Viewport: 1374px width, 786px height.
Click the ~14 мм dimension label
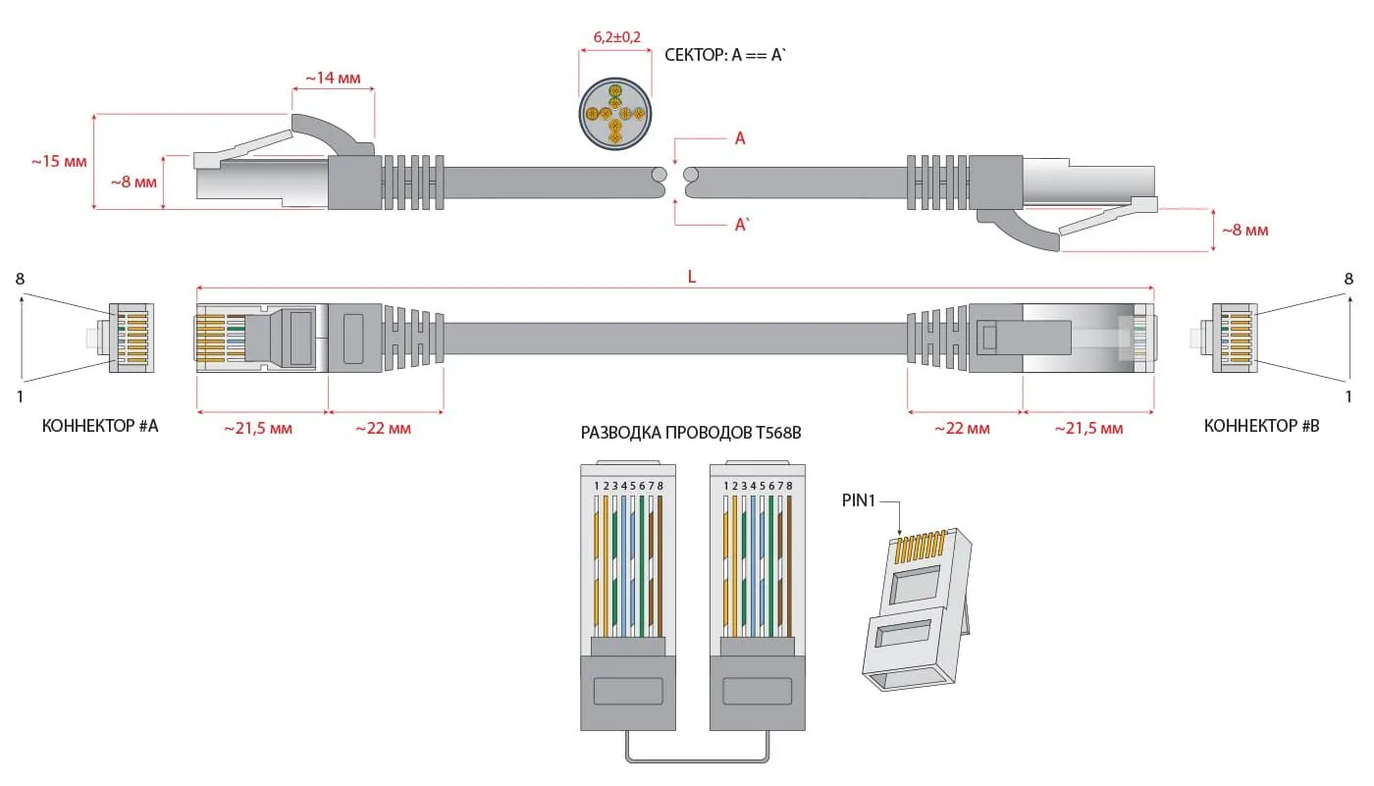(x=334, y=78)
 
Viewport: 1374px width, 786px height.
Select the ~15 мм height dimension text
(x=59, y=161)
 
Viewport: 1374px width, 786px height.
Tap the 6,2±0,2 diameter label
(x=616, y=37)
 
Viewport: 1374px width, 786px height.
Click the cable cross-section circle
(x=615, y=116)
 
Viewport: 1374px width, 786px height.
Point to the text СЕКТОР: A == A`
(x=726, y=56)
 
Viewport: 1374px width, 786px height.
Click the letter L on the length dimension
(x=691, y=277)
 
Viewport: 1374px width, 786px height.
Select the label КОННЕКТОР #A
(x=100, y=426)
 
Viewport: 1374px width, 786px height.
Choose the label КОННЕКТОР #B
(x=1262, y=426)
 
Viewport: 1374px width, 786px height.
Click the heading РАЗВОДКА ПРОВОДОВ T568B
(x=691, y=433)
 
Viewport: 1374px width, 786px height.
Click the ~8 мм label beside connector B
(x=1243, y=231)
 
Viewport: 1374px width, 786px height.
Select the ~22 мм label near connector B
(x=962, y=428)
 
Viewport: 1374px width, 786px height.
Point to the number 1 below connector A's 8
(x=20, y=396)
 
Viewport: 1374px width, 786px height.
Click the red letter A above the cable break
(x=740, y=139)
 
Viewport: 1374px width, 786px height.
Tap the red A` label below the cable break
(x=742, y=225)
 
